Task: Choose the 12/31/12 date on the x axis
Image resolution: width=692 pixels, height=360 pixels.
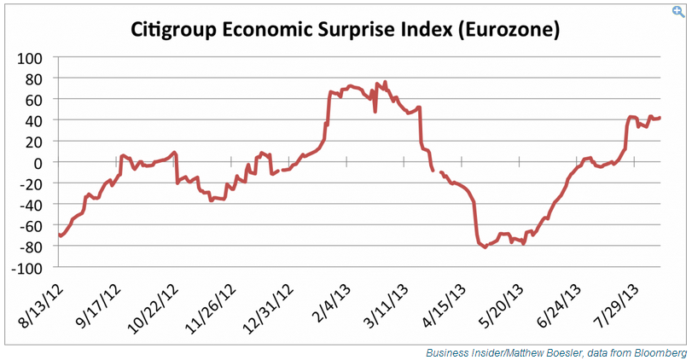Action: pyautogui.click(x=269, y=309)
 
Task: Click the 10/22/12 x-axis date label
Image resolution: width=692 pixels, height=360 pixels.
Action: pyautogui.click(x=154, y=309)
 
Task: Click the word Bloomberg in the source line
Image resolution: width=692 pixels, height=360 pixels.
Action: pyautogui.click(x=659, y=351)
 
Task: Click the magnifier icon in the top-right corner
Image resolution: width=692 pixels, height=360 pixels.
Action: pyautogui.click(x=680, y=9)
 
